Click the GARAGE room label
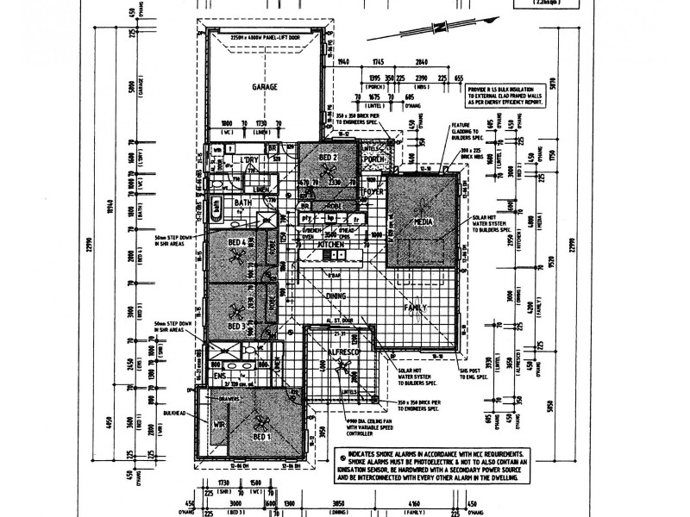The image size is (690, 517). pos(263,88)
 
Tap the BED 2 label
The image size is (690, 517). pos(328,158)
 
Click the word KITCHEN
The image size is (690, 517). pos(332,246)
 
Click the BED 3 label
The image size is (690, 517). pos(238,326)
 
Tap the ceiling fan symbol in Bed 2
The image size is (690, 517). pos(329,172)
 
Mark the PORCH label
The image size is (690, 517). pos(373,159)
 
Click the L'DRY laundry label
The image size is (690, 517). pos(251,160)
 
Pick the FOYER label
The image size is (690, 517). pos(373,191)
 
